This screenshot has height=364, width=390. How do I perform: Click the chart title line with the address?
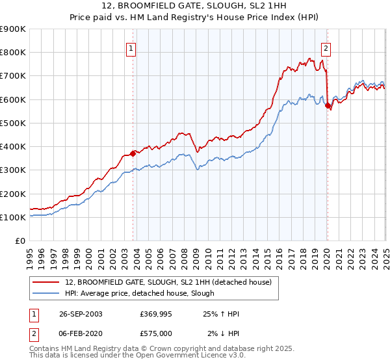click(194, 6)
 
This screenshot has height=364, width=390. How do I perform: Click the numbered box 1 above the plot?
click(131, 47)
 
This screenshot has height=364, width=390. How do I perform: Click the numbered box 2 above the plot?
click(325, 47)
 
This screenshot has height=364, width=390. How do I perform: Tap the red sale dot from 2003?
click(133, 153)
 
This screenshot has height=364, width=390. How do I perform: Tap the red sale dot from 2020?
click(328, 105)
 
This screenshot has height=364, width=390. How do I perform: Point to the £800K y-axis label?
click(13, 53)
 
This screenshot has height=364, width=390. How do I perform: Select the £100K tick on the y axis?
click(13, 217)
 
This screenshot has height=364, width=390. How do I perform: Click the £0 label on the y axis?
click(19, 241)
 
